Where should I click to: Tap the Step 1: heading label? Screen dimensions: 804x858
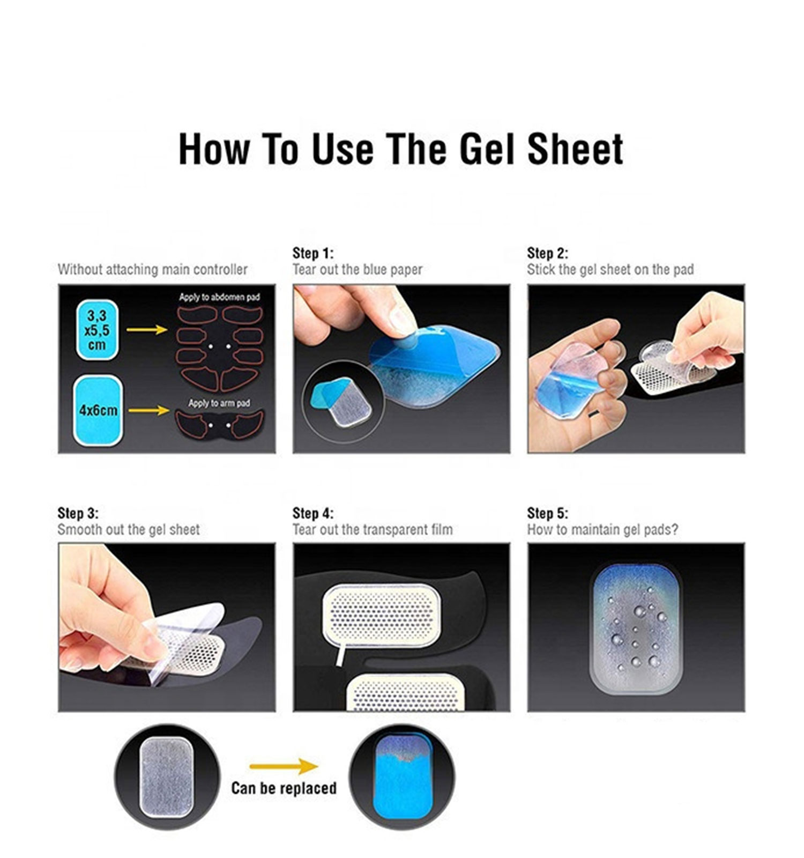312,253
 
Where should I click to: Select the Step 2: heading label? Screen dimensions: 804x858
547,253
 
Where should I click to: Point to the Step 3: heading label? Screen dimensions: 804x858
78,513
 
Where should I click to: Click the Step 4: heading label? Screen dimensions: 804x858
312,513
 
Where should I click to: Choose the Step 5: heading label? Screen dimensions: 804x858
547,513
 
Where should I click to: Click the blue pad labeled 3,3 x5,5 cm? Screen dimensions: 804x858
97,330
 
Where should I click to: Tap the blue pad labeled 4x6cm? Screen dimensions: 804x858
98,410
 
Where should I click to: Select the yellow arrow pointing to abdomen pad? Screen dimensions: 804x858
147,329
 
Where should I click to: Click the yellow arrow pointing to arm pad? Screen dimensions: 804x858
149,411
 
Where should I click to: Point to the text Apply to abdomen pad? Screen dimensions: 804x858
219,297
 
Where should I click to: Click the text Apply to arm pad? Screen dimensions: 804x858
219,403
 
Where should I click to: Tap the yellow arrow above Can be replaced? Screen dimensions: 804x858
284,766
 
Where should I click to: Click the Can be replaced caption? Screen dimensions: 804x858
284,788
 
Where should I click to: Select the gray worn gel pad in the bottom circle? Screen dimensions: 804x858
166,777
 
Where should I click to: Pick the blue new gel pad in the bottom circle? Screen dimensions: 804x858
402,777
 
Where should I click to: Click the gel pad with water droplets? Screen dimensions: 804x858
636,628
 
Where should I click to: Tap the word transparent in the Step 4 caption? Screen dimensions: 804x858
388,530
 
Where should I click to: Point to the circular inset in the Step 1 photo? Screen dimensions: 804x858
344,402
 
